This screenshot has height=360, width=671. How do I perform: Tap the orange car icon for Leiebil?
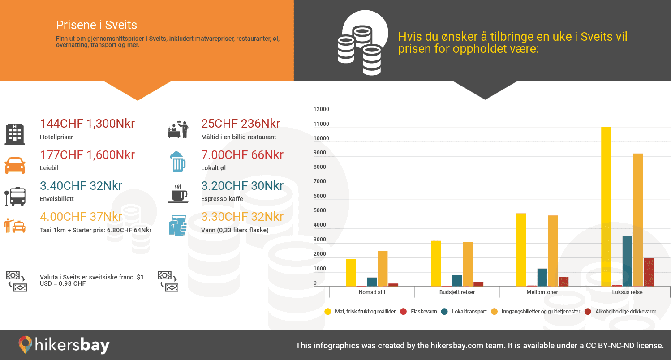coord(15,165)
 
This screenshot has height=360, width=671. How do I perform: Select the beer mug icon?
coord(178,162)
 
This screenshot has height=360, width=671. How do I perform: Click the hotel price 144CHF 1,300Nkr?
coord(87,124)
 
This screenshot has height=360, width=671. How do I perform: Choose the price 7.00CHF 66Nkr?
coord(242,155)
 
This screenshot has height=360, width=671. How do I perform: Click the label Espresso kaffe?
coord(222,199)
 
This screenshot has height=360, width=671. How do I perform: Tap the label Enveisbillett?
coord(57,199)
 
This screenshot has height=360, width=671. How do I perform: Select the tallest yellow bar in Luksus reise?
coord(606,206)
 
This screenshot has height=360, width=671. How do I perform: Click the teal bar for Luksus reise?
coord(628,261)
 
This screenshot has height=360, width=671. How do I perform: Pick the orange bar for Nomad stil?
coord(383,269)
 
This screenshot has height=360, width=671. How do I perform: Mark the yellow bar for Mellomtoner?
coord(521,250)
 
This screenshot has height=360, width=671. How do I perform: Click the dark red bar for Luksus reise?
coord(649,272)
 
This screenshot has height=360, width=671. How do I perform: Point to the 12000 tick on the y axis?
coord(321,109)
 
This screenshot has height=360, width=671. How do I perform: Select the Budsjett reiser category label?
coord(457,292)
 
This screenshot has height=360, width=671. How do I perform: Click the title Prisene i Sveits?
coord(97,25)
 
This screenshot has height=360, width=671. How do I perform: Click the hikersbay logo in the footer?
coord(64,345)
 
